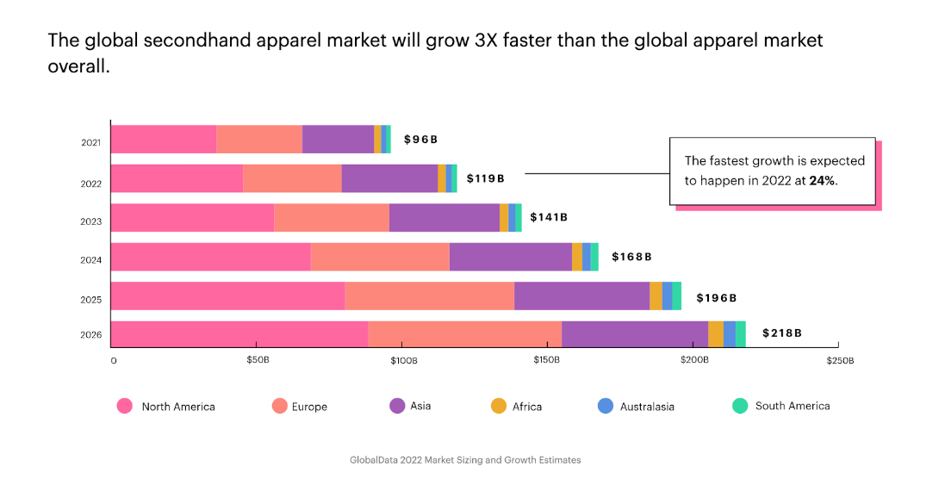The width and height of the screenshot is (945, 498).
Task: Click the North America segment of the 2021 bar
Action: pos(164,140)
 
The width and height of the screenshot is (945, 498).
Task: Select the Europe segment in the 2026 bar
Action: pos(464,334)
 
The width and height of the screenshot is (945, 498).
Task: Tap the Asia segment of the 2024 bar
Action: pos(510,257)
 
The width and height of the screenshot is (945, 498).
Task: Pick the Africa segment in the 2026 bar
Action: pos(716,334)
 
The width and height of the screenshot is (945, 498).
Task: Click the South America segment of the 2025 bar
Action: pos(677,296)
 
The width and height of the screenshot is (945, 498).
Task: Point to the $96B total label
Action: pos(421,140)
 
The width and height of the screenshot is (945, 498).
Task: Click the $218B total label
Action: pos(782,333)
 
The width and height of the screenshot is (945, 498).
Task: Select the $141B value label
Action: pos(549,217)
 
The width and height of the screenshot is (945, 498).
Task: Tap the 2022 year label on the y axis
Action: pos(91,184)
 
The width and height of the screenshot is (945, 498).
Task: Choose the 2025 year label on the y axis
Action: pos(91,300)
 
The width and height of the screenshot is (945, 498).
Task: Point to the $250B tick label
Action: pos(839,360)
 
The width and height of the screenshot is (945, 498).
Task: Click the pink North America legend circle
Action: pos(125,406)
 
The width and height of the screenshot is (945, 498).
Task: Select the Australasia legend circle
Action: pos(605,406)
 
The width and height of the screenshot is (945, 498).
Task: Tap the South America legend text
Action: pos(793,406)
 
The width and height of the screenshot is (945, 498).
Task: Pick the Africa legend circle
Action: pos(498,406)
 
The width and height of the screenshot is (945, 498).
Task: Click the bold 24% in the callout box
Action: pos(822,181)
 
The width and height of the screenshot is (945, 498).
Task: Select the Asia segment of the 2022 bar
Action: pos(389,178)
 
